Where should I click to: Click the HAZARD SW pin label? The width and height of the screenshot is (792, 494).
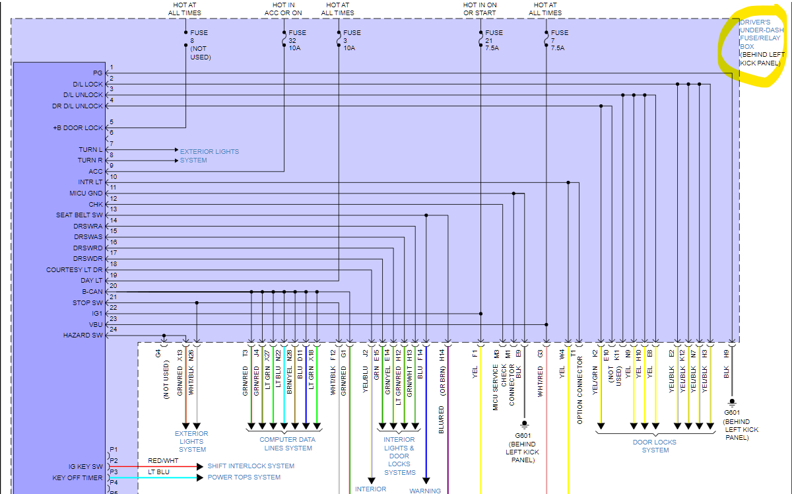point(83,335)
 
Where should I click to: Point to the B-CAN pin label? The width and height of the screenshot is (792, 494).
point(92,291)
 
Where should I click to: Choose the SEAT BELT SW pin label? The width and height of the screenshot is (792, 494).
point(79,215)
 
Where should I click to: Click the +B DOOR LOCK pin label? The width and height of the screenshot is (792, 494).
point(78,127)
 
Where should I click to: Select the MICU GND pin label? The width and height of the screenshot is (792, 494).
point(86,194)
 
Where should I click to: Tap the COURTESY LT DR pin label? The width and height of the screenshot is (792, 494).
point(75,269)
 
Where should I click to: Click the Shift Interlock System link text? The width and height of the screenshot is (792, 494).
point(251,466)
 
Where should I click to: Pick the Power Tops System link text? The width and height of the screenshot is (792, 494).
point(244,477)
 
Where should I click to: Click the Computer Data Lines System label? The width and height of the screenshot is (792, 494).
point(287,444)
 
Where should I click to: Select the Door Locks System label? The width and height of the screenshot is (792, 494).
point(655,446)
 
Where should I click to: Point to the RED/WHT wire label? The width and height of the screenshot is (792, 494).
point(163,460)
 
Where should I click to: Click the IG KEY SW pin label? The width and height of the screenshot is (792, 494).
point(86,466)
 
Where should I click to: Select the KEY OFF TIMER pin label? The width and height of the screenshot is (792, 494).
point(78,477)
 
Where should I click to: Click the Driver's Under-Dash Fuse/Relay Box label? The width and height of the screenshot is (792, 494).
point(760,43)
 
